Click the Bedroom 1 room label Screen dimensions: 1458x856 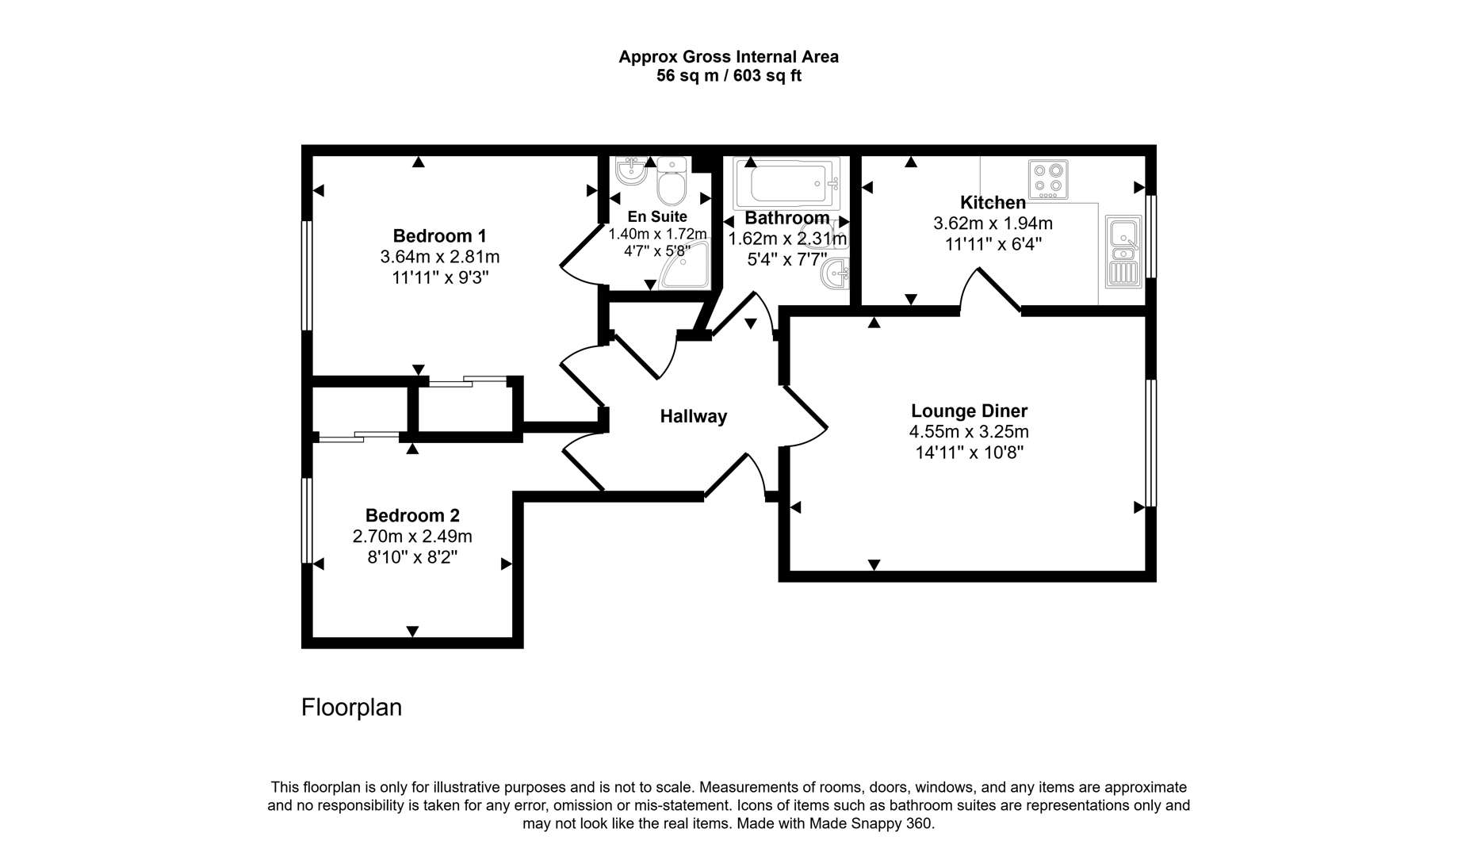tap(439, 236)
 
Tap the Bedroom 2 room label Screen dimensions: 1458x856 tap(412, 515)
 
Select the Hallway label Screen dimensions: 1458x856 tap(694, 416)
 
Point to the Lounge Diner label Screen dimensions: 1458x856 tap(969, 411)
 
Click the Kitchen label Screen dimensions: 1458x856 tap(993, 202)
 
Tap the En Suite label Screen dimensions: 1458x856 tap(657, 216)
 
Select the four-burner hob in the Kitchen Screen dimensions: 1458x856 tap(1048, 179)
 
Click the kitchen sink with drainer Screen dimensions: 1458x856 tap(1123, 250)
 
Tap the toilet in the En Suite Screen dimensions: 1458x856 tap(672, 180)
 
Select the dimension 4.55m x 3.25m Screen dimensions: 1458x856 tap(969, 432)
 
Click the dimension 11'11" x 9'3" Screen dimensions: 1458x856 tap(439, 278)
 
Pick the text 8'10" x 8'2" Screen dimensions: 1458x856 tap(412, 557)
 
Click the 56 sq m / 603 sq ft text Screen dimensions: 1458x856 tap(729, 76)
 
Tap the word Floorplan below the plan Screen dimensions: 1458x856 tap(351, 707)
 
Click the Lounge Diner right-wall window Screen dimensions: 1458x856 tap(1151, 442)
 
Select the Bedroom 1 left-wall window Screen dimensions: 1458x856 tap(306, 275)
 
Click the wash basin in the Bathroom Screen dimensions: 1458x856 tap(836, 274)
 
